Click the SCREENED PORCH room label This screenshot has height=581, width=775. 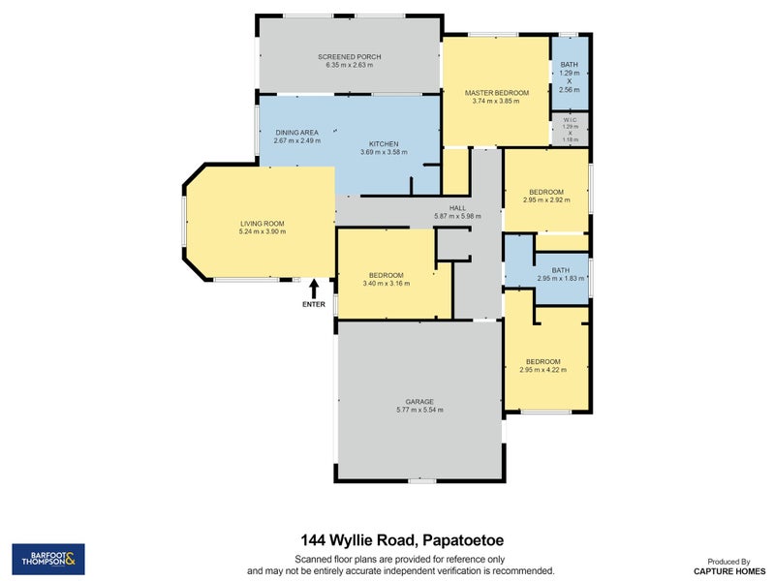(x=349, y=57)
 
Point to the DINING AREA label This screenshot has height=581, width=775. (x=296, y=133)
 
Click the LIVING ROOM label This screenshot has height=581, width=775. (x=262, y=224)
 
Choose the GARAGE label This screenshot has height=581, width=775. (x=419, y=401)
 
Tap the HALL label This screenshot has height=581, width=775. (x=450, y=206)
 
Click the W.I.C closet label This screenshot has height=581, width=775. (x=570, y=121)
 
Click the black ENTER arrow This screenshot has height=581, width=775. (x=314, y=287)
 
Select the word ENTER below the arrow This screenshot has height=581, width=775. (x=314, y=304)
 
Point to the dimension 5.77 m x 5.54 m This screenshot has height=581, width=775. (x=419, y=410)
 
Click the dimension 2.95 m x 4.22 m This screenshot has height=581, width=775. (x=542, y=370)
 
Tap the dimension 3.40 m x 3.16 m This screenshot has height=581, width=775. (x=386, y=284)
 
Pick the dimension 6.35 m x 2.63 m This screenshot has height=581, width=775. (x=349, y=67)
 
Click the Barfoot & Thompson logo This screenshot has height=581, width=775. (x=47, y=558)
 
